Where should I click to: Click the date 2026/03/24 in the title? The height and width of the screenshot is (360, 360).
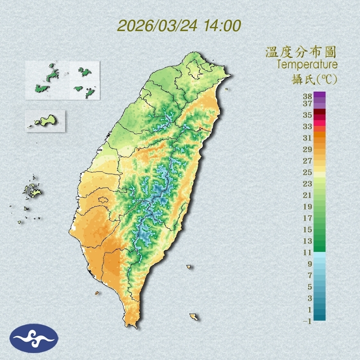pyautogui.click(x=157, y=26)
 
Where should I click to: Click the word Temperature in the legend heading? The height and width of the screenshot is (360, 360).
pyautogui.click(x=307, y=65)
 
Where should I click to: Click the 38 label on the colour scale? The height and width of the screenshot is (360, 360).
pyautogui.click(x=308, y=97)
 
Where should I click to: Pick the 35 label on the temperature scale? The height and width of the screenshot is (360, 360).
pyautogui.click(x=308, y=115)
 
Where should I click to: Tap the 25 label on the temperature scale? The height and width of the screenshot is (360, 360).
pyautogui.click(x=308, y=172)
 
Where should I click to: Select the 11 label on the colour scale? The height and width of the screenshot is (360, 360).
pyautogui.click(x=308, y=252)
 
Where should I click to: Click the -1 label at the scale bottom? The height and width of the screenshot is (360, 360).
pyautogui.click(x=308, y=322)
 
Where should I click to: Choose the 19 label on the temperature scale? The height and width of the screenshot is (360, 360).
pyautogui.click(x=308, y=206)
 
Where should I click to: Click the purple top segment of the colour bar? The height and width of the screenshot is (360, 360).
pyautogui.click(x=319, y=94)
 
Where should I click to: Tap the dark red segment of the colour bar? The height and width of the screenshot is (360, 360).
pyautogui.click(x=319, y=112)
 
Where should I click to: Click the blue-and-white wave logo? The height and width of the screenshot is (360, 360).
pyautogui.click(x=34, y=338)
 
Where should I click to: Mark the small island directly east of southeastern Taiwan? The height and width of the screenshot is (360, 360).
pyautogui.click(x=189, y=267)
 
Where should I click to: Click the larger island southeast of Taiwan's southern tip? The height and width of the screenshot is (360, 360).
pyautogui.click(x=193, y=317)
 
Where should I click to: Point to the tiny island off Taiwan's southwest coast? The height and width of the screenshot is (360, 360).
pyautogui.click(x=97, y=293)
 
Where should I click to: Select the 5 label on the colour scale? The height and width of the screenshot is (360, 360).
pyautogui.click(x=310, y=287)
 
